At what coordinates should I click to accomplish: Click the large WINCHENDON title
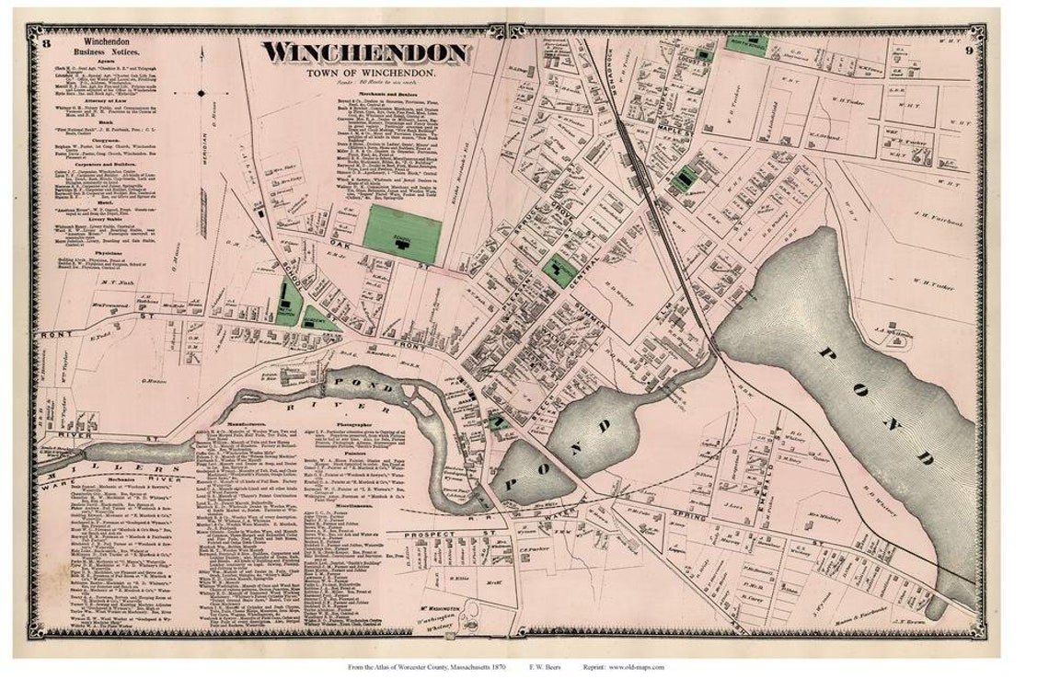(x=365, y=53)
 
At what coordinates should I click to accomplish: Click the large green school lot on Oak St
(x=401, y=231)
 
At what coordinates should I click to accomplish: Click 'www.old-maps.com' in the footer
(x=636, y=667)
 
